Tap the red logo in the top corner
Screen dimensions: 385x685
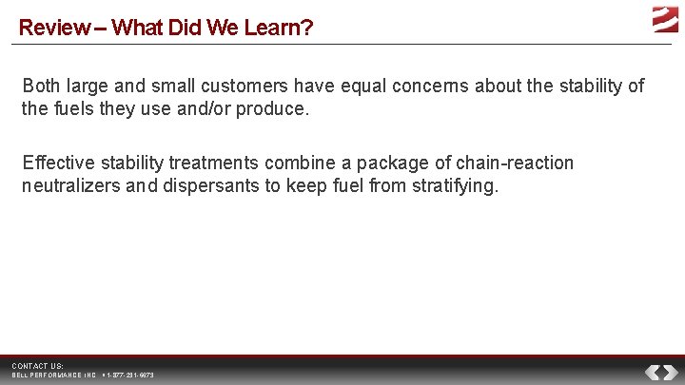[x=664, y=19]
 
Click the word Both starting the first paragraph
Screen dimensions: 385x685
[x=42, y=87]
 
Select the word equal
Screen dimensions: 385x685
[x=344, y=87]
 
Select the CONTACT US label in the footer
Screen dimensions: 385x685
[x=36, y=366]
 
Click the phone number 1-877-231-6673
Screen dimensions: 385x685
[x=129, y=375]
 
